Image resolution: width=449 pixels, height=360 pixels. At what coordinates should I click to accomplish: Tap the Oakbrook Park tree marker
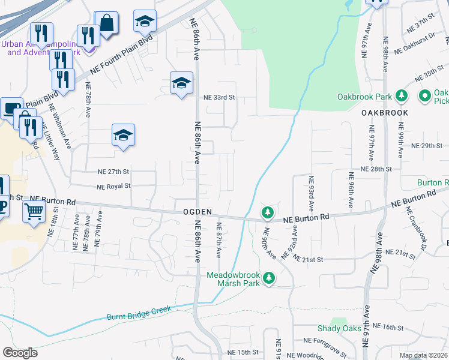click(x=403, y=96)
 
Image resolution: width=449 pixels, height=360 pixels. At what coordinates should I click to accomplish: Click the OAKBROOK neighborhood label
click(x=385, y=113)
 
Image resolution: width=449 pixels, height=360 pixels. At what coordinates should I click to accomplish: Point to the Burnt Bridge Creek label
click(x=139, y=313)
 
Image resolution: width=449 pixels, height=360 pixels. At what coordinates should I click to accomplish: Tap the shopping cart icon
click(x=34, y=211)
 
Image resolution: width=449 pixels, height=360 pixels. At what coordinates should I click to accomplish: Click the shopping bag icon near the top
click(x=107, y=23)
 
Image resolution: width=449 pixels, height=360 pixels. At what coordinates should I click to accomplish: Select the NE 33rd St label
click(x=218, y=97)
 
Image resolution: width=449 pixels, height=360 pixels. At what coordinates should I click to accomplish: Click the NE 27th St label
click(x=113, y=172)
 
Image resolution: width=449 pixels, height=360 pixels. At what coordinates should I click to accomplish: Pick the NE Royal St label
click(x=111, y=186)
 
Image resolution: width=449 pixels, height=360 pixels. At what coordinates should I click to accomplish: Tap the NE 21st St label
click(x=309, y=259)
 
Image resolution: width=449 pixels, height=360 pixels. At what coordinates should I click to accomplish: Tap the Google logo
click(x=20, y=353)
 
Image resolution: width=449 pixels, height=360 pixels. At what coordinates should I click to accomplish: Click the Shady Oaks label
click(x=339, y=328)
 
